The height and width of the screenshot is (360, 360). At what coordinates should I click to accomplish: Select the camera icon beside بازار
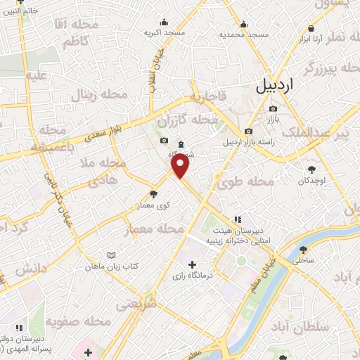(274, 109)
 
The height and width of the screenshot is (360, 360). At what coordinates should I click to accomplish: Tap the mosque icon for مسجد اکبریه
(164, 22)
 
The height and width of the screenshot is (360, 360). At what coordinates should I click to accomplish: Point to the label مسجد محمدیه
(243, 34)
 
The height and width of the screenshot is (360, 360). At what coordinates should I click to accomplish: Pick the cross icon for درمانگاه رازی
(192, 264)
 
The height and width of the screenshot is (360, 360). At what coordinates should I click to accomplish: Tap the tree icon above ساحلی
(303, 249)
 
